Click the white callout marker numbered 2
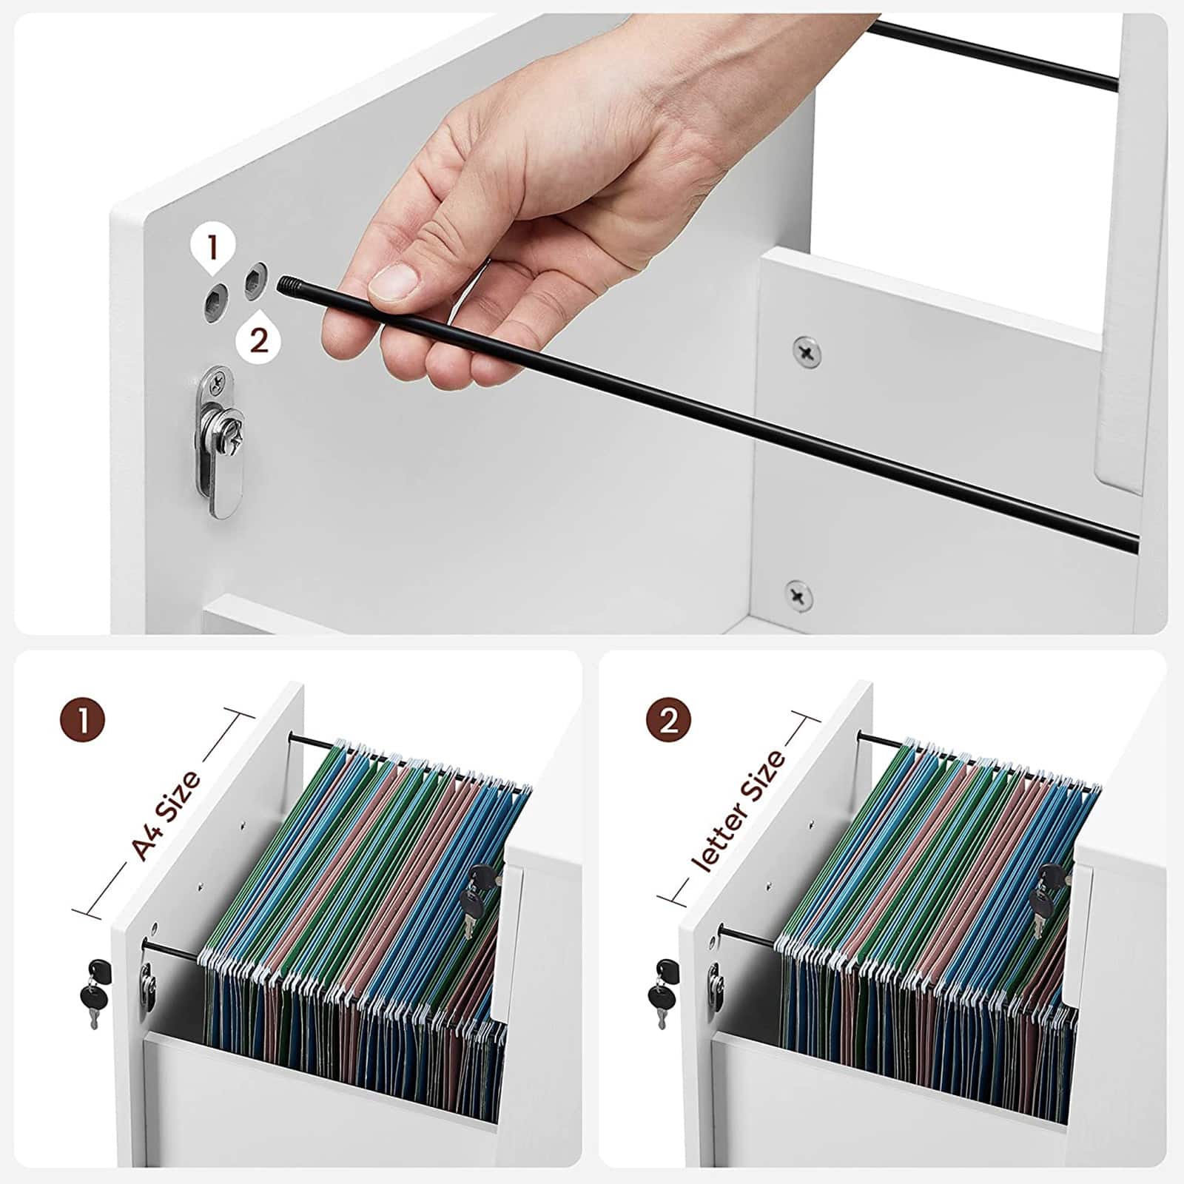pyautogui.click(x=258, y=340)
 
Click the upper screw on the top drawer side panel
pyautogui.click(x=806, y=351)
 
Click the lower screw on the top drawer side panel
pyautogui.click(x=798, y=596)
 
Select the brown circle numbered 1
pyautogui.click(x=82, y=719)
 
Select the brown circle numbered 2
pyautogui.click(x=668, y=719)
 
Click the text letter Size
pyautogui.click(x=737, y=810)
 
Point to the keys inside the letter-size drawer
pyautogui.click(x=1049, y=899)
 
